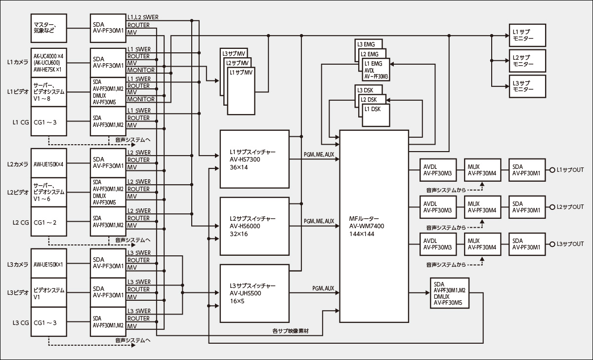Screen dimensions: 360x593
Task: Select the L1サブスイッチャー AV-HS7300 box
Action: click(x=254, y=159)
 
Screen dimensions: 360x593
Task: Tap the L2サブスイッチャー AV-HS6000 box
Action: click(x=254, y=226)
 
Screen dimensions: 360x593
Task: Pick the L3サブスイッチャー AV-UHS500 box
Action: click(x=254, y=293)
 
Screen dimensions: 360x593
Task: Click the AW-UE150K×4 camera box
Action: click(x=48, y=163)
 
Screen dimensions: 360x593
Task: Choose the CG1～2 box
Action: click(x=48, y=222)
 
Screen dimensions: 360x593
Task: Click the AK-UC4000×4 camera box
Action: click(x=48, y=63)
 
